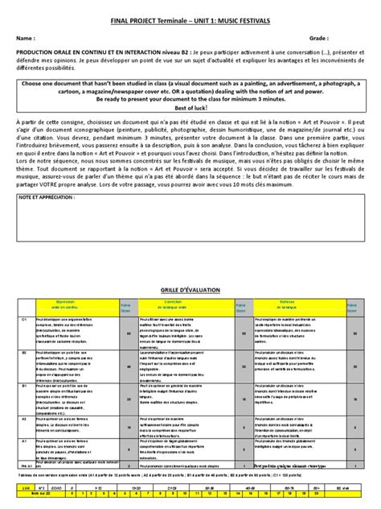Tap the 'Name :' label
[25, 38]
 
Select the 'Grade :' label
[318, 38]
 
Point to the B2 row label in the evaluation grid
[24, 351]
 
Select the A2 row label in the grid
[24, 420]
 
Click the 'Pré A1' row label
[26, 466]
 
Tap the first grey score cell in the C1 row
[125, 332]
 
